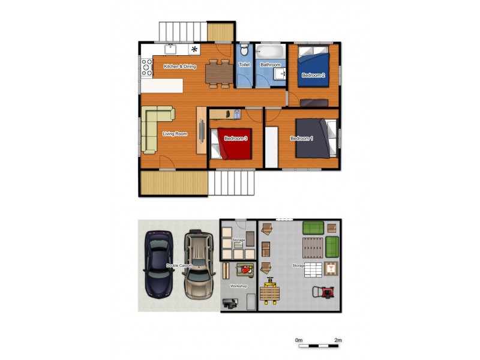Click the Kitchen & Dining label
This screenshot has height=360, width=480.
[180, 67]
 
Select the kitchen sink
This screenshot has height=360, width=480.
[169, 49]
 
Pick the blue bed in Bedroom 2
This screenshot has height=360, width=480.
[314, 71]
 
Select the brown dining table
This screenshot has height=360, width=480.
[218, 73]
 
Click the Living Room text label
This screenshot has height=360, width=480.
[175, 134]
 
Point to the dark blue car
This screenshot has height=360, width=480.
[159, 264]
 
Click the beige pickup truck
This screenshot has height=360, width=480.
[200, 263]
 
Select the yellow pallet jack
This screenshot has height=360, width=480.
[269, 292]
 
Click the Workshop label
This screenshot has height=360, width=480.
[239, 286]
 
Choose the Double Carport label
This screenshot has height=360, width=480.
[179, 265]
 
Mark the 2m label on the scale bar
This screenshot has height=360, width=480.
[338, 340]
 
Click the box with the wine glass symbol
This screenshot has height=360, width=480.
[330, 268]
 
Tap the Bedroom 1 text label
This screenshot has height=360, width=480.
[301, 139]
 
